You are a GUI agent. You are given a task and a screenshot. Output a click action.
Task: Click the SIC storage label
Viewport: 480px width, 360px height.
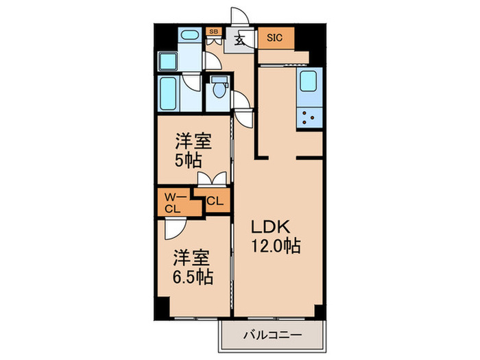click(x=275, y=38)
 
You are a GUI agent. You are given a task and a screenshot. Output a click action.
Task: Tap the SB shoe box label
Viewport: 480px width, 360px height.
click(x=213, y=32)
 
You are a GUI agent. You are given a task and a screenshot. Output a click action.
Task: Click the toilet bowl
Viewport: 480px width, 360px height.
click(x=218, y=90)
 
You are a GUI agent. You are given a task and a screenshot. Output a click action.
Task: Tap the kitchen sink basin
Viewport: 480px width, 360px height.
click(x=307, y=82)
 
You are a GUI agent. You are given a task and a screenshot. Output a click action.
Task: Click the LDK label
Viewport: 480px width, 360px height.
click(x=267, y=227)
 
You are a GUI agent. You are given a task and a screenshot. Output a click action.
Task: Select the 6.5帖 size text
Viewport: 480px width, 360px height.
click(x=191, y=277)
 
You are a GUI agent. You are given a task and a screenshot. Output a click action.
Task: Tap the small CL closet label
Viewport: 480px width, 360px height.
click(x=214, y=202)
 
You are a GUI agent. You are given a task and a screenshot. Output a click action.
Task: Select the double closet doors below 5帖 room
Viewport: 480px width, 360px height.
click(x=211, y=180)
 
